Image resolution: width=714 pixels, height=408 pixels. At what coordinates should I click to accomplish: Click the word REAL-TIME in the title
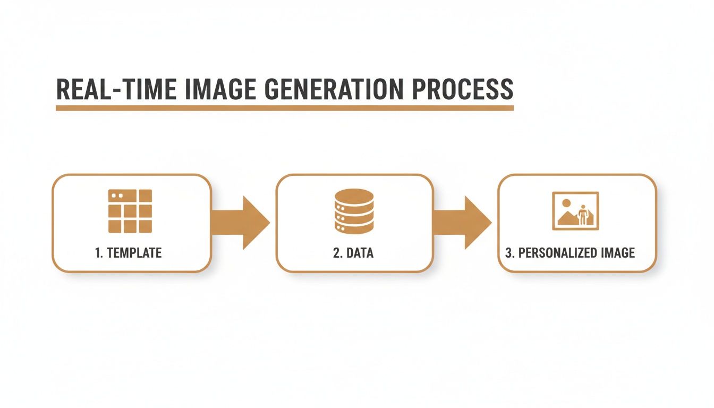click(x=116, y=89)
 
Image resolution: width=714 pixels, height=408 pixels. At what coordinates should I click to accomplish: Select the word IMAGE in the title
click(x=220, y=89)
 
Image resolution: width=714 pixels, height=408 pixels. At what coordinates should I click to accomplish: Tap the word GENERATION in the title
click(x=334, y=89)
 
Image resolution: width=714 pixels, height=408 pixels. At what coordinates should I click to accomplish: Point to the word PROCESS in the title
click(x=463, y=89)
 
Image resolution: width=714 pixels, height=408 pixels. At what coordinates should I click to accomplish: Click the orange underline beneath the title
click(x=285, y=108)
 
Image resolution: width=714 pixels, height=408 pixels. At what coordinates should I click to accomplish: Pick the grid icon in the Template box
click(x=130, y=211)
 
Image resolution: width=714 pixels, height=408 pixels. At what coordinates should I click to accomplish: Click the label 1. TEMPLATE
click(x=128, y=253)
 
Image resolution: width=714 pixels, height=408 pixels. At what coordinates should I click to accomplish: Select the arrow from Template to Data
click(x=241, y=223)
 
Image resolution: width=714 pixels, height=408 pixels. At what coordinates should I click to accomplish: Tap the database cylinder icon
click(x=354, y=211)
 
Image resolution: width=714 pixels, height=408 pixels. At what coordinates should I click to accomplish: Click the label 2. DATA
click(x=353, y=253)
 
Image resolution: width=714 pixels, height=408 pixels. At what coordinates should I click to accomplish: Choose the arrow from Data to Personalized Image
click(x=463, y=223)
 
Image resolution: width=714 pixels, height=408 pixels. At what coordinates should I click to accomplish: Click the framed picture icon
click(x=575, y=211)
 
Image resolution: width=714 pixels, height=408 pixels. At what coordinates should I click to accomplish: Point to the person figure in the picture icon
click(x=583, y=215)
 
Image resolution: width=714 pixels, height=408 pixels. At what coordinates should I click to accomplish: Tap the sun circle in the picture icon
click(x=566, y=203)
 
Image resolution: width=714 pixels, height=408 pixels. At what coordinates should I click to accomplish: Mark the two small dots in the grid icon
click(x=117, y=195)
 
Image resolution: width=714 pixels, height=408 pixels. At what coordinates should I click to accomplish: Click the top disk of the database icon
click(x=354, y=195)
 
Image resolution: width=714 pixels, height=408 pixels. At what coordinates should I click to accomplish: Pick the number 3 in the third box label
click(x=509, y=253)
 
